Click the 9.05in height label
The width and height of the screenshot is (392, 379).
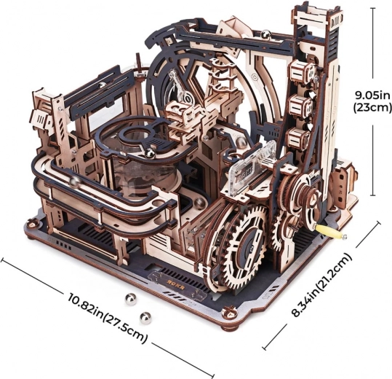click(x=372, y=95)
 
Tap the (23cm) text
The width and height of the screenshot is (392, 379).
click(x=372, y=108)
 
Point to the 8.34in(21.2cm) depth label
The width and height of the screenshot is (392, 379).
click(x=322, y=284)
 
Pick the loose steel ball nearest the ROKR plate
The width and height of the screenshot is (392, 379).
click(x=130, y=299)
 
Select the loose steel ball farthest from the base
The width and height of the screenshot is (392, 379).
click(x=145, y=316)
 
